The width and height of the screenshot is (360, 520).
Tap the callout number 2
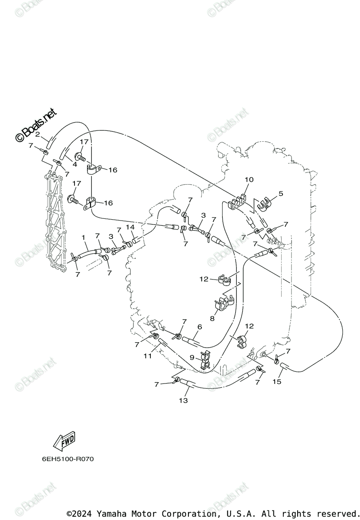[x=38, y=135]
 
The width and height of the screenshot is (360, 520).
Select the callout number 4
[x=75, y=164]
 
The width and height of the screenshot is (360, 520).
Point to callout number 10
[x=249, y=179]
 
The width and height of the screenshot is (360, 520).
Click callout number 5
[x=280, y=194]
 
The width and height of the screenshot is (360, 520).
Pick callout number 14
[x=130, y=227]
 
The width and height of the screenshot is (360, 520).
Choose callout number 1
[x=84, y=237]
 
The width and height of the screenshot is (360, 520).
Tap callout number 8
[x=212, y=318]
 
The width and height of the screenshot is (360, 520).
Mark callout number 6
[x=199, y=327]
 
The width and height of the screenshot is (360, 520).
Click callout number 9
[x=192, y=358]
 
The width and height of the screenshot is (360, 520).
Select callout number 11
[x=148, y=356]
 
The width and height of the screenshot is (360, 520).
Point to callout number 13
[x=183, y=400]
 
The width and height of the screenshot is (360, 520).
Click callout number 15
[x=277, y=381]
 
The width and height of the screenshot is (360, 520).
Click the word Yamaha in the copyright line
[x=110, y=514]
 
